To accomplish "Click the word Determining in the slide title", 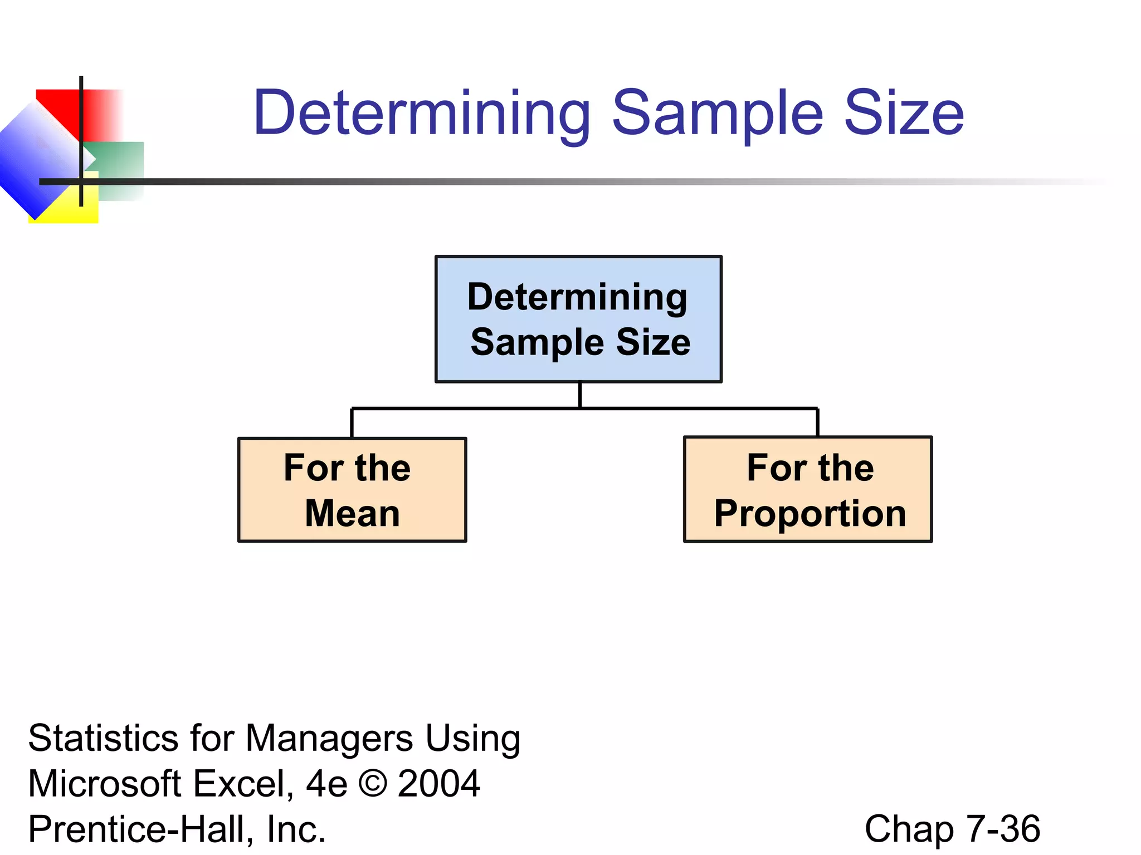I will coord(422,114).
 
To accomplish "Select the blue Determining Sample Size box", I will coord(578,320).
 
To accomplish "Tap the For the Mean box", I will coord(352,490).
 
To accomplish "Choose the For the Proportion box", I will coord(808,490).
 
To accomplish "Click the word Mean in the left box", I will coord(352,513).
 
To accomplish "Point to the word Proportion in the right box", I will coord(810,513).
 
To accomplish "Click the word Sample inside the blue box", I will coord(535,342).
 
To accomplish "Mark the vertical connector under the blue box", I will coord(580,395).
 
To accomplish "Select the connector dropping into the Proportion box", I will coord(817,423).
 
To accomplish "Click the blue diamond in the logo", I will coord(33,167).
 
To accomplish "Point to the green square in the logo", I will coord(120,161).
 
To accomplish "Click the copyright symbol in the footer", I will coord(372,784).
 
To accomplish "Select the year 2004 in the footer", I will coord(439,784).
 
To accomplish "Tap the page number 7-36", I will coord(1003,829).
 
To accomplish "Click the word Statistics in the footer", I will coord(104,739).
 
